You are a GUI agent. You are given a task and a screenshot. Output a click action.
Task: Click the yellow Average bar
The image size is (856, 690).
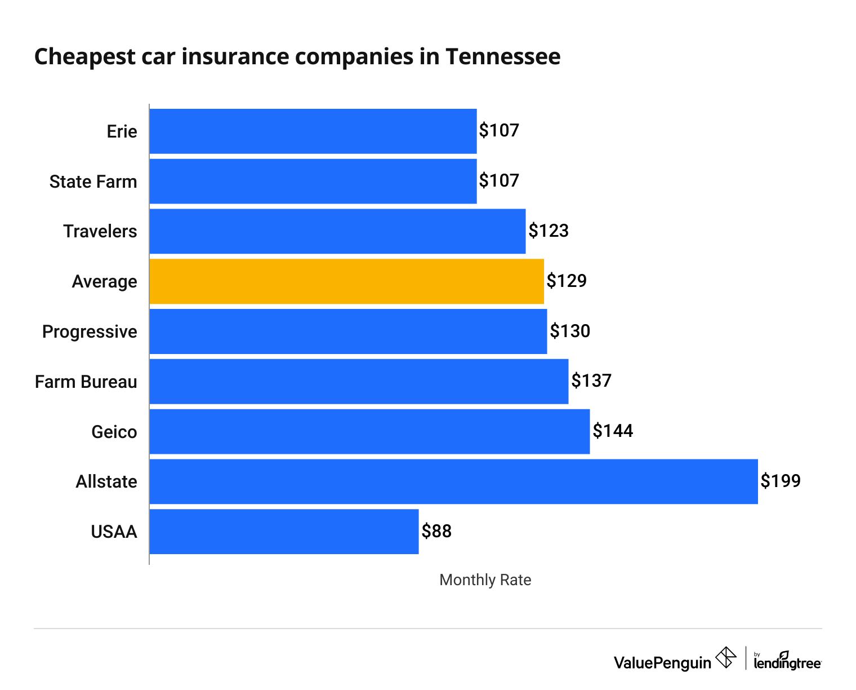point(346,281)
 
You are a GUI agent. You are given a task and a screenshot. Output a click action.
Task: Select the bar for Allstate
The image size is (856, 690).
point(453,481)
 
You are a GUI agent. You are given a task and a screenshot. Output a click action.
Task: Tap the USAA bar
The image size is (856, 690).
point(284,532)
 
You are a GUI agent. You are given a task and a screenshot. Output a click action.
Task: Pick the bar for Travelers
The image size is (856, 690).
point(337,231)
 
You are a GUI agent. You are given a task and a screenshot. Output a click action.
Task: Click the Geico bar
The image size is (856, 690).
point(369,431)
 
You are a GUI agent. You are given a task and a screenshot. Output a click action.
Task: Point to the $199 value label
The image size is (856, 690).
point(781,481)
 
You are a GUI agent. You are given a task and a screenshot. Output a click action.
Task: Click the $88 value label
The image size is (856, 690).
point(436,531)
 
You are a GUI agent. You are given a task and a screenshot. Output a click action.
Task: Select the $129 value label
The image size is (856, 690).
point(567,281)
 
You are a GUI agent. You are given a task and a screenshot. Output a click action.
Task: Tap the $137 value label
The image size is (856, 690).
point(591,381)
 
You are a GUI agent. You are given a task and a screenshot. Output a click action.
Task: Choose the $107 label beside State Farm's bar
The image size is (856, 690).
point(499,181)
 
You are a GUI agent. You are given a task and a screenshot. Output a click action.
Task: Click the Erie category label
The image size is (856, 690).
point(122,131)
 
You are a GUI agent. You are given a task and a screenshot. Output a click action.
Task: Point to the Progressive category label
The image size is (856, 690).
point(90,331)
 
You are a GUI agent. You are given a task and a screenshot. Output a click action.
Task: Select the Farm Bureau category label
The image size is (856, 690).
point(86,382)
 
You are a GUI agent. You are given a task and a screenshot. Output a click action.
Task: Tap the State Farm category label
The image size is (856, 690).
point(93,182)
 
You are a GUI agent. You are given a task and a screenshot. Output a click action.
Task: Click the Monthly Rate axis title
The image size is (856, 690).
point(485,580)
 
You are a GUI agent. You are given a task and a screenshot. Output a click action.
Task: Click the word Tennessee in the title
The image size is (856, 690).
point(503,57)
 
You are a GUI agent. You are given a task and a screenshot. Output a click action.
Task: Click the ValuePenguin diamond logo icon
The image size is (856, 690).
point(726,658)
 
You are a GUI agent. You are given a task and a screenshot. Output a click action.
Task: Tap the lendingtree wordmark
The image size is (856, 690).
point(787,662)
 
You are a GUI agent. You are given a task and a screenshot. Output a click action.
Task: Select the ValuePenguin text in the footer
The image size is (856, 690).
point(662,663)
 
